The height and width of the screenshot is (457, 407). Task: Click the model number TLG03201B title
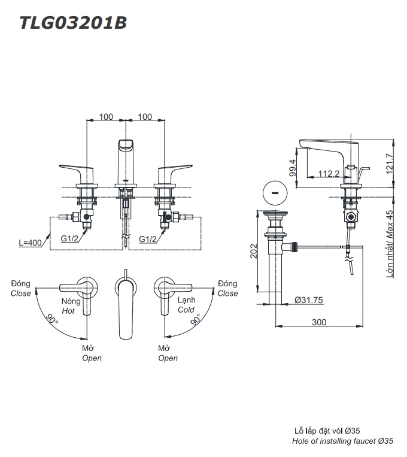pos(72,23)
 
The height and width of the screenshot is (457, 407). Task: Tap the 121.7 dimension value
pos(390,162)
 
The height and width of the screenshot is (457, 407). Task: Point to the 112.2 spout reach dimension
pos(329,174)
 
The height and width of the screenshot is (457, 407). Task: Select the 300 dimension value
pos(319,322)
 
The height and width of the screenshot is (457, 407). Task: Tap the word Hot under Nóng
pos(68,311)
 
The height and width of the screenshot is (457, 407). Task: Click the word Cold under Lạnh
pos(186,310)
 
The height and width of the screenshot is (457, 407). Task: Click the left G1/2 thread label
pos(71,238)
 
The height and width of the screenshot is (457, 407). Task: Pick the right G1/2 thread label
pos(149,238)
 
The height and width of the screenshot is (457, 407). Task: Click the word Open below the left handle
pos(92,358)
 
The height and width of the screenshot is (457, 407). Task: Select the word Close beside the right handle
pos(227,293)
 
